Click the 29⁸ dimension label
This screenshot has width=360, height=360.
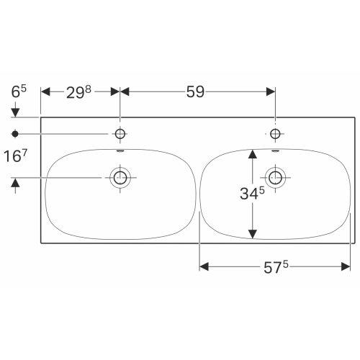(78, 92)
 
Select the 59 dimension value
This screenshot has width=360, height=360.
(195, 91)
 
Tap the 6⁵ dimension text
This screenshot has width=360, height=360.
(19, 91)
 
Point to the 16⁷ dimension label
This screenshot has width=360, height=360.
(15, 156)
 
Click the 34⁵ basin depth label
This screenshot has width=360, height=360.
(252, 193)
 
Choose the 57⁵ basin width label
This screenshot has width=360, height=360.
(276, 267)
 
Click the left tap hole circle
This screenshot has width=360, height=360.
(120, 134)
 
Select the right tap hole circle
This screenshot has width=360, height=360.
(275, 134)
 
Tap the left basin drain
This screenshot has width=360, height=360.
(120, 178)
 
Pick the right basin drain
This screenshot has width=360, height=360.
(275, 178)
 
